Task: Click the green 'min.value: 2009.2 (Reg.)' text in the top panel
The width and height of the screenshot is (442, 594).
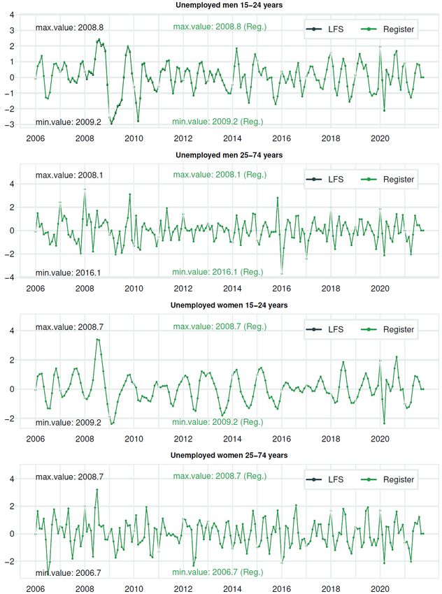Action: tap(218, 122)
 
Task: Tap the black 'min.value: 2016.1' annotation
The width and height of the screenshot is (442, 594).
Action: tap(69, 273)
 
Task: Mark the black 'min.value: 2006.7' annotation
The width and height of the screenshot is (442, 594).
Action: tap(69, 573)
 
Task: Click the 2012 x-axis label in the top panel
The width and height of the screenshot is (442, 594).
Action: tap(183, 138)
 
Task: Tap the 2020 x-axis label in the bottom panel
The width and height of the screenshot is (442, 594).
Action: tap(380, 588)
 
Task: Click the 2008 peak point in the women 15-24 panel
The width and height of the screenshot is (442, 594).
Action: tap(97, 340)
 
